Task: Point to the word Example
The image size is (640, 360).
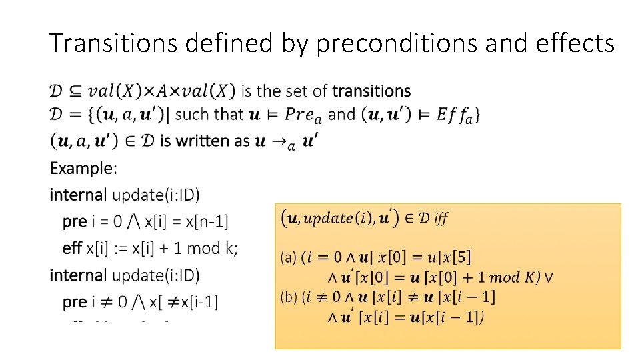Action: pyautogui.click(x=83, y=168)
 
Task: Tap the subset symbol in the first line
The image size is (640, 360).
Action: pyautogui.click(x=74, y=91)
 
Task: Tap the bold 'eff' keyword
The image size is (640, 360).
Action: pyautogui.click(x=72, y=248)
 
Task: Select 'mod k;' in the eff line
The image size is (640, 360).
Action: pyautogui.click(x=213, y=248)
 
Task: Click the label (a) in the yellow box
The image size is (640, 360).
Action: pyautogui.click(x=289, y=256)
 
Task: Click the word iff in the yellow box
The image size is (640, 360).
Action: pyautogui.click(x=441, y=218)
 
